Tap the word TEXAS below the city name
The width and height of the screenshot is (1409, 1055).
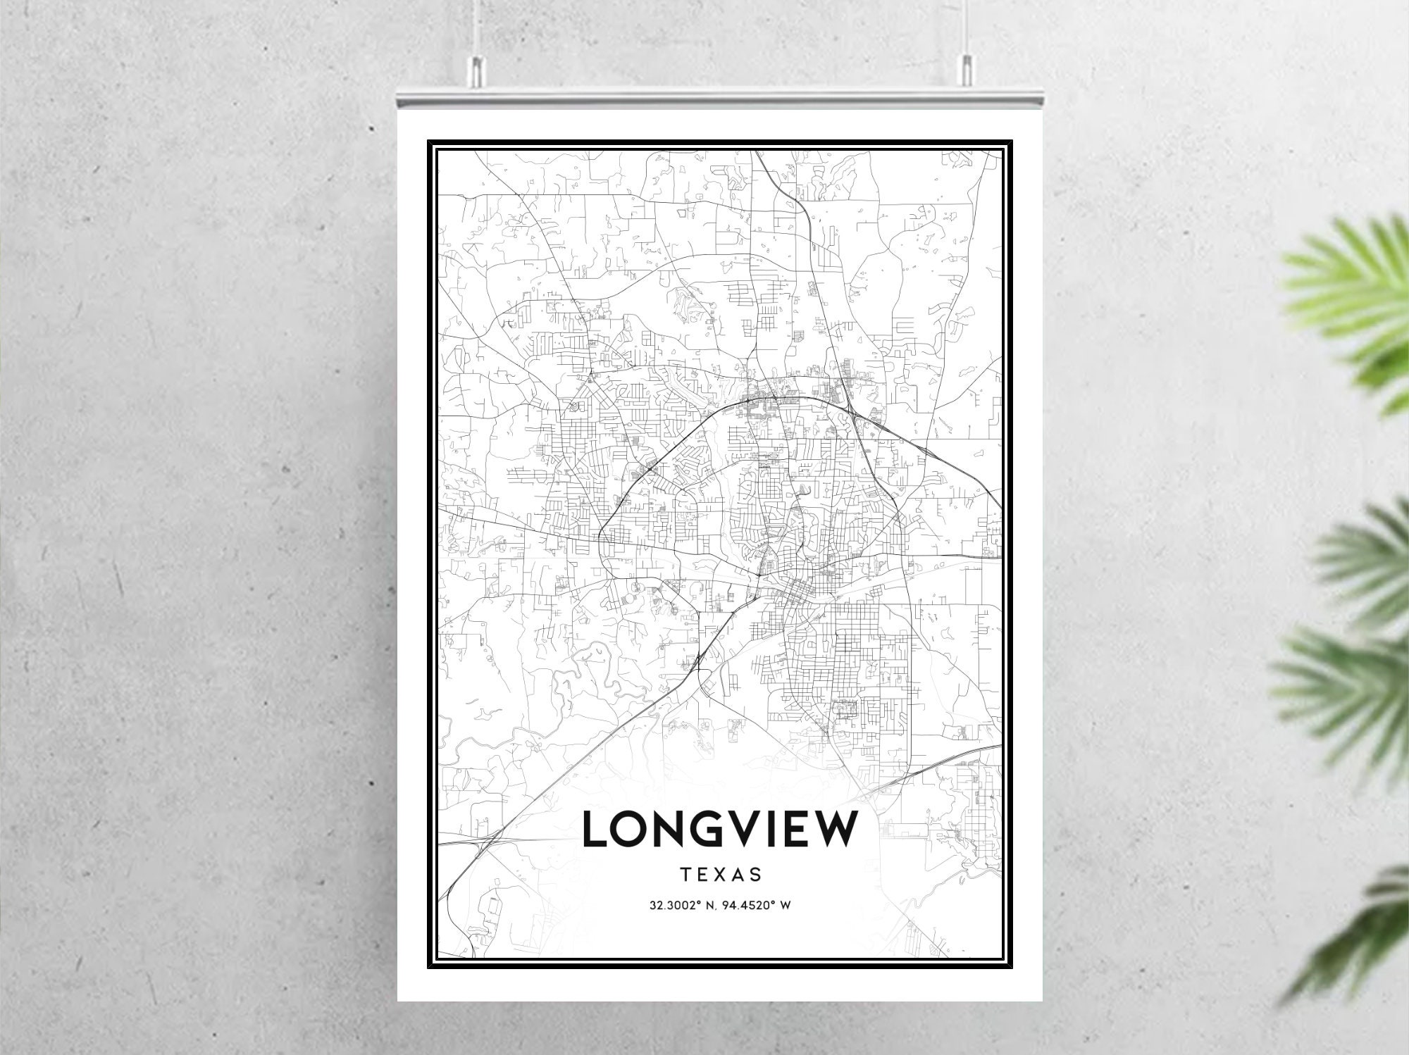tap(721, 875)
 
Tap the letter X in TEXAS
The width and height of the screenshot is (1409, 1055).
tap(721, 875)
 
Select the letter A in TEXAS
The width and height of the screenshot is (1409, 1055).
tap(738, 875)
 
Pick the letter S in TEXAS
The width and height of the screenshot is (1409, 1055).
tap(757, 875)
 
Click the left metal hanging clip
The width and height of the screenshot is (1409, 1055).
tap(476, 70)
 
